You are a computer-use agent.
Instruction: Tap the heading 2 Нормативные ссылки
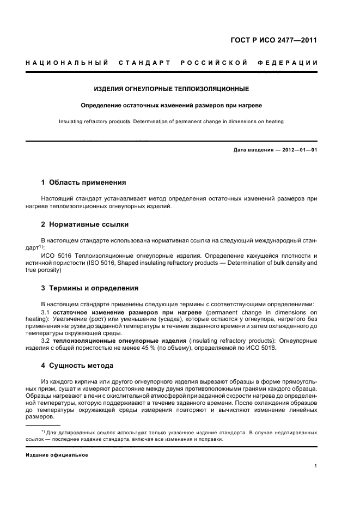click(85, 224)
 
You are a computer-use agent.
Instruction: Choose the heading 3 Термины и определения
click(90, 288)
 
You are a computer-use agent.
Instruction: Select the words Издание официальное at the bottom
click(57, 454)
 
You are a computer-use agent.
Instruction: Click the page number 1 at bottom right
click(316, 466)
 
